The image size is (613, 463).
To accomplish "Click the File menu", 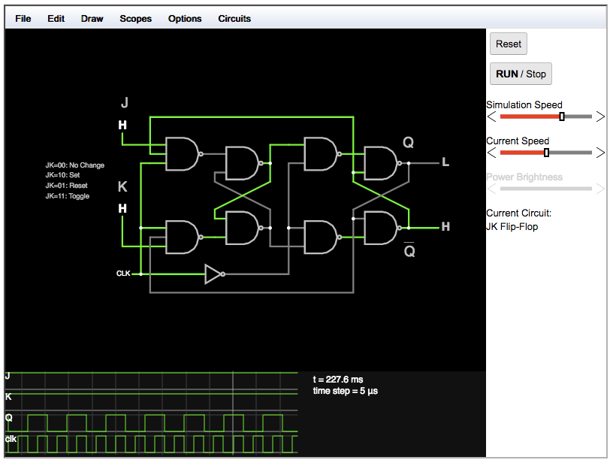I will tap(23, 18).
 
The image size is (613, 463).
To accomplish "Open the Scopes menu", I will tap(135, 18).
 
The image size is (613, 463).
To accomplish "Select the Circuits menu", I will tap(234, 18).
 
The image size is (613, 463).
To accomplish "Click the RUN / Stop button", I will tap(521, 74).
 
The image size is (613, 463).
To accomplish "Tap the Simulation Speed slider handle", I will tap(562, 117).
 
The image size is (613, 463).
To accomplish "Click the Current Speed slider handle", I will tap(546, 153).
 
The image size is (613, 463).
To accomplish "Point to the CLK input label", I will tap(123, 274).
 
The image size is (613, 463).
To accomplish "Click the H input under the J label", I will tap(122, 126).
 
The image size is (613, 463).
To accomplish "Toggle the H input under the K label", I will tap(122, 208).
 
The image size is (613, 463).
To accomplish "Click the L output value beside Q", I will tap(445, 162).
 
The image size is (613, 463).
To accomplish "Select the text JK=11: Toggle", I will tap(67, 196).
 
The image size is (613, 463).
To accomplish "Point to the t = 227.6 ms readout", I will tap(338, 380).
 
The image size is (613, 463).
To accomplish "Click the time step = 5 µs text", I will tap(345, 391).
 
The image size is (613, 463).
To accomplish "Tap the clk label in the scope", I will tap(11, 438).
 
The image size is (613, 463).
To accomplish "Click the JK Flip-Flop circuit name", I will tap(512, 226).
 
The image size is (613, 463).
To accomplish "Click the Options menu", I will tap(185, 18).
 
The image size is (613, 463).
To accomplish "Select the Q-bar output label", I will tap(409, 250).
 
